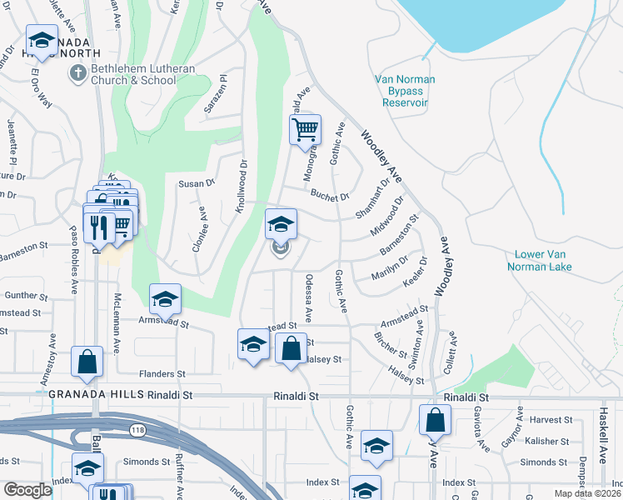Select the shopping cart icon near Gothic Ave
306,130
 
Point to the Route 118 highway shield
137,428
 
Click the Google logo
27,490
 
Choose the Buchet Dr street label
329,197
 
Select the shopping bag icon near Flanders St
87,362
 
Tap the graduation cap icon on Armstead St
166,298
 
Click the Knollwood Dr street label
242,187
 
